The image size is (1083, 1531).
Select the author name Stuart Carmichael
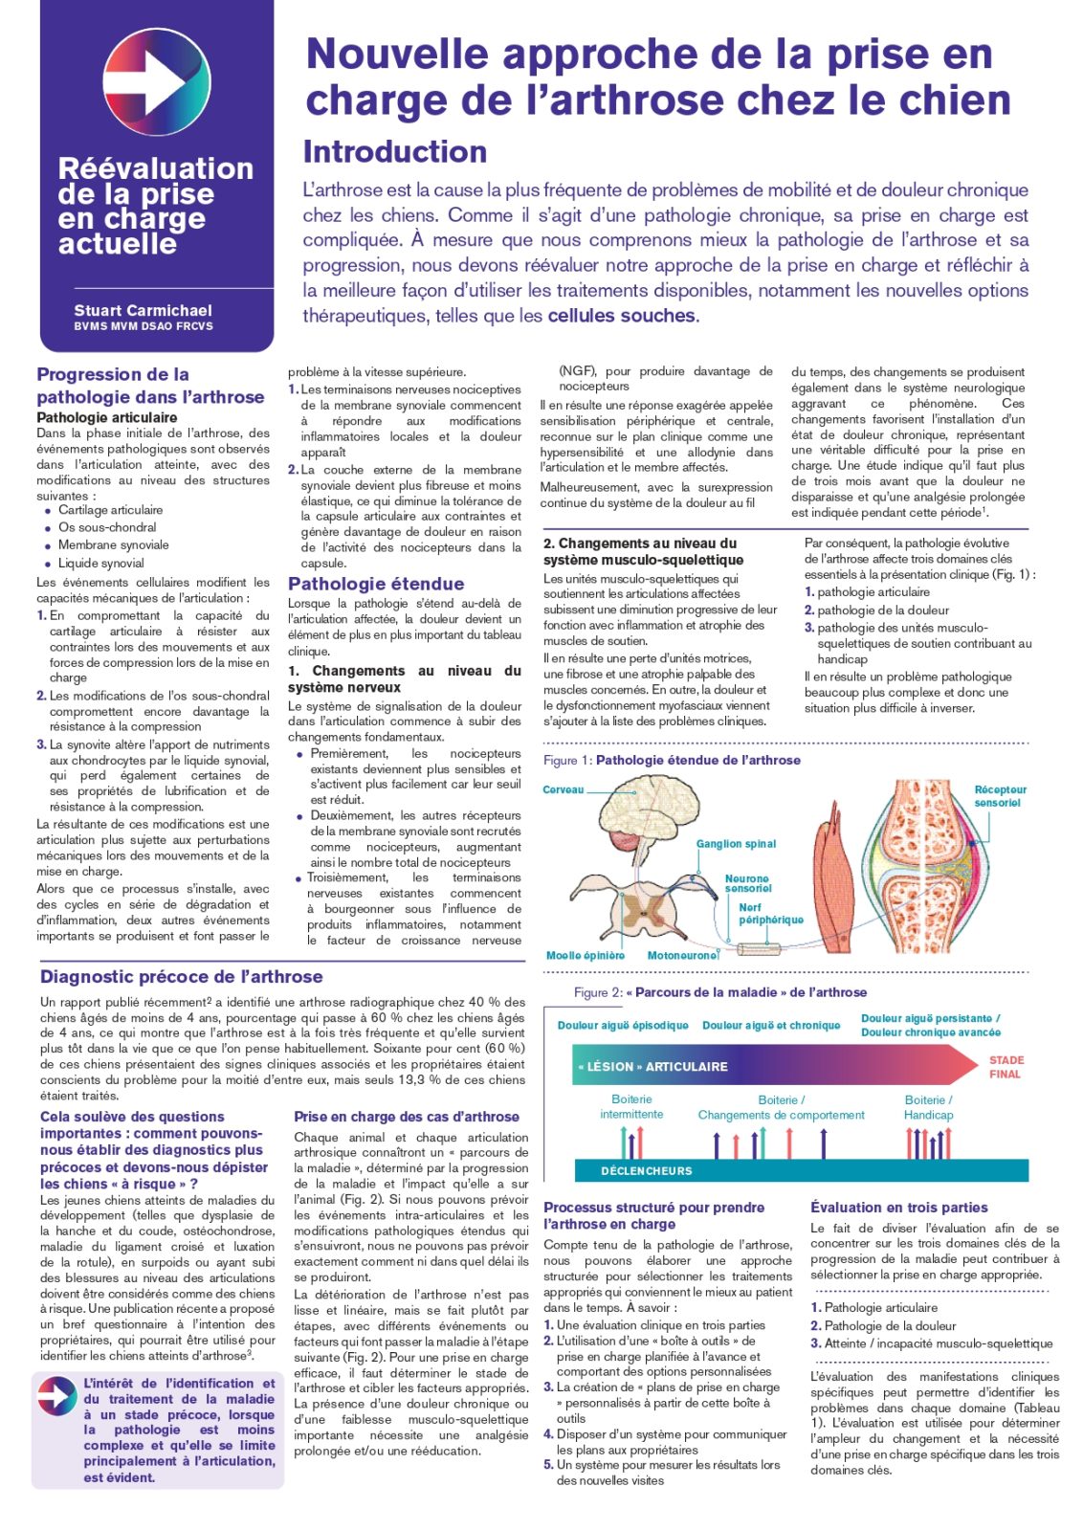pos(144,311)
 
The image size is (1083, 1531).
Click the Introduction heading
pos(395,152)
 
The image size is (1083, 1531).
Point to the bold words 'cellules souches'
pos(622,316)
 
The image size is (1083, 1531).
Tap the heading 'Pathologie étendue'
pos(376,584)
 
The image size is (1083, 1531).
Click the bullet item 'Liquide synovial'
pos(101,564)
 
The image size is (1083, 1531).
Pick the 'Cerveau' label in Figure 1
pos(563,790)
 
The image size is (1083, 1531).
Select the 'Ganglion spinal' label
pos(736,844)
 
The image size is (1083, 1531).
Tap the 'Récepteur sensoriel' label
pos(1000,796)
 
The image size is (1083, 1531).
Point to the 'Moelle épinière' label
pos(586,956)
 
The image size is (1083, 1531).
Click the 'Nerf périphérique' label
pos(770,914)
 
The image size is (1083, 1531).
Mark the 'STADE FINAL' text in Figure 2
pos(1006,1067)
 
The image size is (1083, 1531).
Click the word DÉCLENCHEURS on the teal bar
pos(646,1171)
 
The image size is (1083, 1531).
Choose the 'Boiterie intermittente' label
pos(631,1107)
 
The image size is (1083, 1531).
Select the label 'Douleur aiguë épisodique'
pos(623,1026)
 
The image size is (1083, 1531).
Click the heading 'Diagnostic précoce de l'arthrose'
pos(182,977)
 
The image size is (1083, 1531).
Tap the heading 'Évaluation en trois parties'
pos(898,1208)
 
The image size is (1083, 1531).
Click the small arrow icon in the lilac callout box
pos(57,1397)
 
